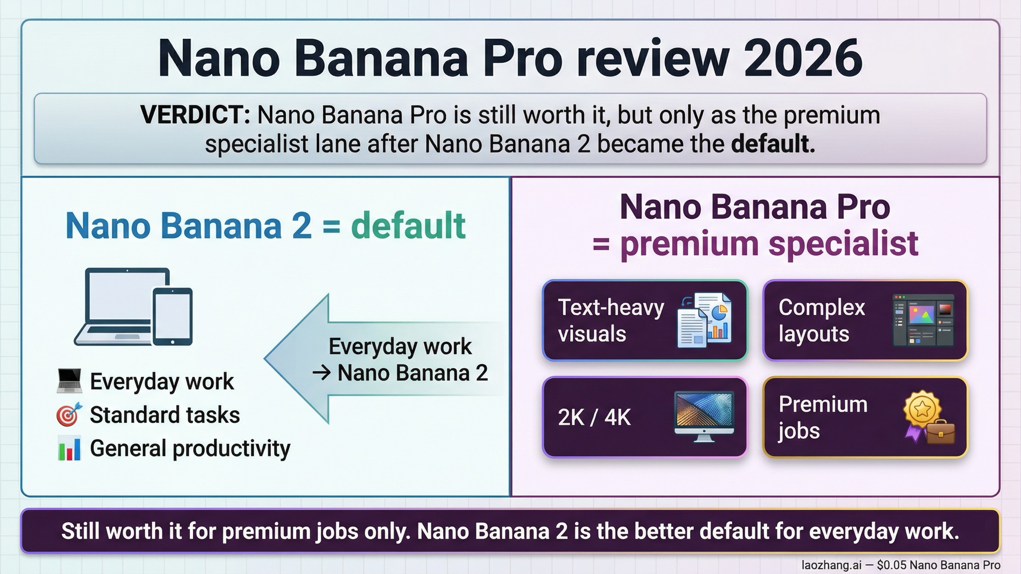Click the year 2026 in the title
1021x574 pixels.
pos(803,58)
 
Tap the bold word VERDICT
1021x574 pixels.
pos(195,115)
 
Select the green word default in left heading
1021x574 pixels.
pos(408,226)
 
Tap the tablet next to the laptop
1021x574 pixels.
pos(172,316)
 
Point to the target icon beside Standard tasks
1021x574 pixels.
pos(68,415)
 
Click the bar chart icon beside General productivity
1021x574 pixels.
pos(69,449)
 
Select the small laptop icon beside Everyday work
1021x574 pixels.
pos(69,381)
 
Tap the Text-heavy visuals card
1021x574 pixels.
pos(645,320)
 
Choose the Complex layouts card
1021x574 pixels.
pos(865,320)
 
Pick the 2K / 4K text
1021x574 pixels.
pos(594,417)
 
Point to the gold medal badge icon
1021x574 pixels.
pos(921,409)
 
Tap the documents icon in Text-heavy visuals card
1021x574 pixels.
pos(704,320)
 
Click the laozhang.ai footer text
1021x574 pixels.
pos(831,565)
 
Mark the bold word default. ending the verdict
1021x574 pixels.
pos(772,144)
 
